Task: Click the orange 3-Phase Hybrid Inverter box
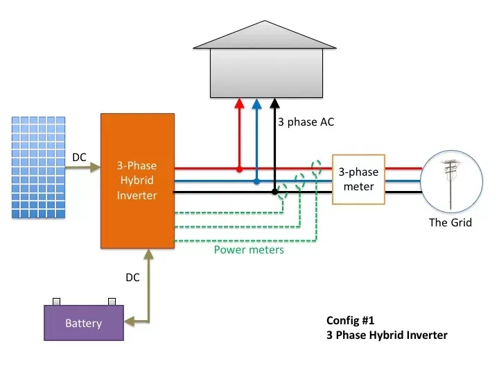[x=137, y=181]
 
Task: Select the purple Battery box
[x=83, y=323]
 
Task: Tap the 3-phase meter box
[x=358, y=178]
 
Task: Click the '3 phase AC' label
[x=306, y=122]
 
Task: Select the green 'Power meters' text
[x=249, y=250]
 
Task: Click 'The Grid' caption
[x=450, y=223]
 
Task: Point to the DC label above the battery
[x=132, y=278]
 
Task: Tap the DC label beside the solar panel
[x=80, y=158]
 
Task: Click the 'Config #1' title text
[x=351, y=321]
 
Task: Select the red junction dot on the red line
[x=239, y=169]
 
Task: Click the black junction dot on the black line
[x=274, y=191]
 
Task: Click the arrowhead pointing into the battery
[x=129, y=322]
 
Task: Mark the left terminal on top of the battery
[x=56, y=301]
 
